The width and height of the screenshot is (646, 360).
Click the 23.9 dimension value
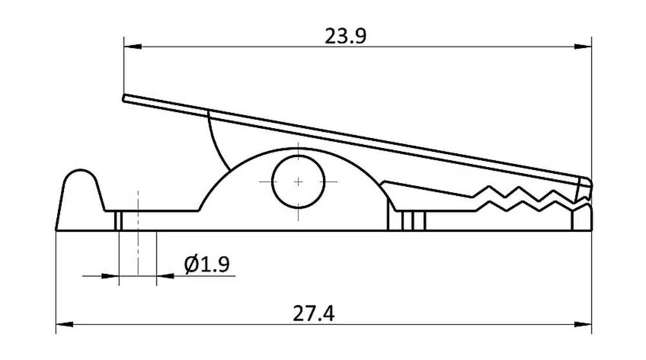(x=346, y=36)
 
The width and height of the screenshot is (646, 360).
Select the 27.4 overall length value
(x=313, y=315)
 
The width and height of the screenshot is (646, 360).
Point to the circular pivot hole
(x=298, y=182)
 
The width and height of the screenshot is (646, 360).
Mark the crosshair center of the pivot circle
(x=298, y=182)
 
